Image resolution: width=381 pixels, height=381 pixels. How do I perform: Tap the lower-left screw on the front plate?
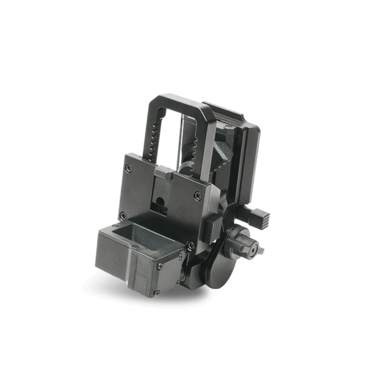coord(123,216)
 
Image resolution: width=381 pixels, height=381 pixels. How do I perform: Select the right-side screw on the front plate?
coord(198,196)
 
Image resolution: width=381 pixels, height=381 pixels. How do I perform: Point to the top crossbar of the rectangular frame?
coord(179,100)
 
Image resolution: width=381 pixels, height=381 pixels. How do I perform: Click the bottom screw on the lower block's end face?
coord(157,293)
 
